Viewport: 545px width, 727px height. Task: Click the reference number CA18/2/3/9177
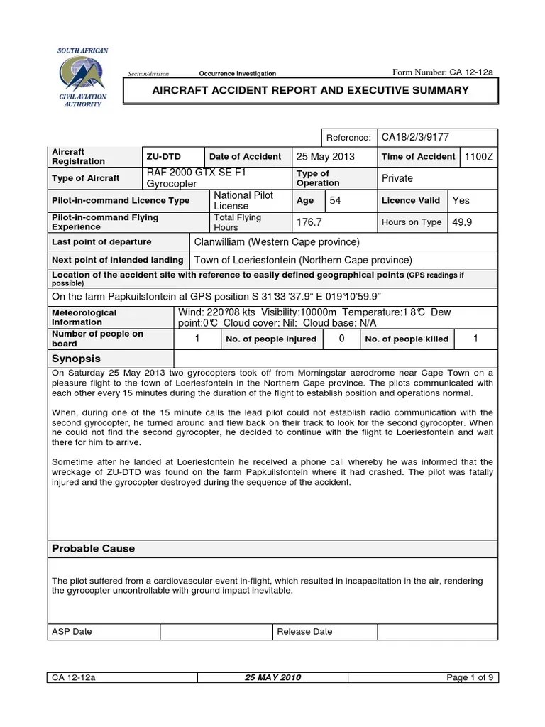(415, 137)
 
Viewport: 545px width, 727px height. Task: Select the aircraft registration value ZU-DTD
(161, 156)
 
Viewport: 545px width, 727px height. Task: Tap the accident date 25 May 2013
(326, 156)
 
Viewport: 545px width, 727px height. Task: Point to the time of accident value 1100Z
(478, 156)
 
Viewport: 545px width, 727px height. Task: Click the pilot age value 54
(336, 201)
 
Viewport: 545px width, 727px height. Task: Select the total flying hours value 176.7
(309, 222)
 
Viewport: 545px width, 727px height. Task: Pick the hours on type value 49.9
(462, 222)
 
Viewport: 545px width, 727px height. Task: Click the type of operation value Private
(397, 179)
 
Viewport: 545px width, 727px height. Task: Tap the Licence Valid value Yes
(461, 201)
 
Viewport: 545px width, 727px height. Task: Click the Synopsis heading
(77, 359)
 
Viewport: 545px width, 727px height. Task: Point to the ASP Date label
(72, 631)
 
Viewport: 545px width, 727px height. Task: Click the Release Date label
(304, 631)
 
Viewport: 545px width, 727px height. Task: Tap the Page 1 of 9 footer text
(470, 677)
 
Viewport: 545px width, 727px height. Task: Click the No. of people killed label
(407, 339)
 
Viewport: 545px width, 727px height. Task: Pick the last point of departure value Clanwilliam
(277, 242)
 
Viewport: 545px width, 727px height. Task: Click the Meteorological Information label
(84, 317)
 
